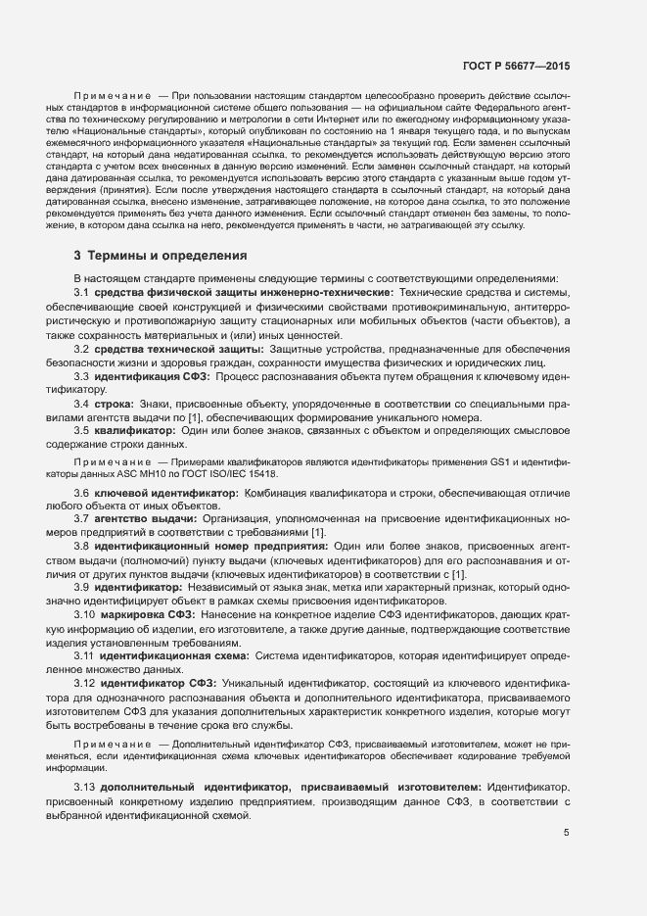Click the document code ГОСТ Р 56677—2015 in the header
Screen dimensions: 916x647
[516, 66]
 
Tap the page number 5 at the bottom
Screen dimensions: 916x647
[566, 834]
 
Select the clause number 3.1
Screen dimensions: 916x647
[82, 293]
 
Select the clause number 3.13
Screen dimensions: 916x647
[85, 788]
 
